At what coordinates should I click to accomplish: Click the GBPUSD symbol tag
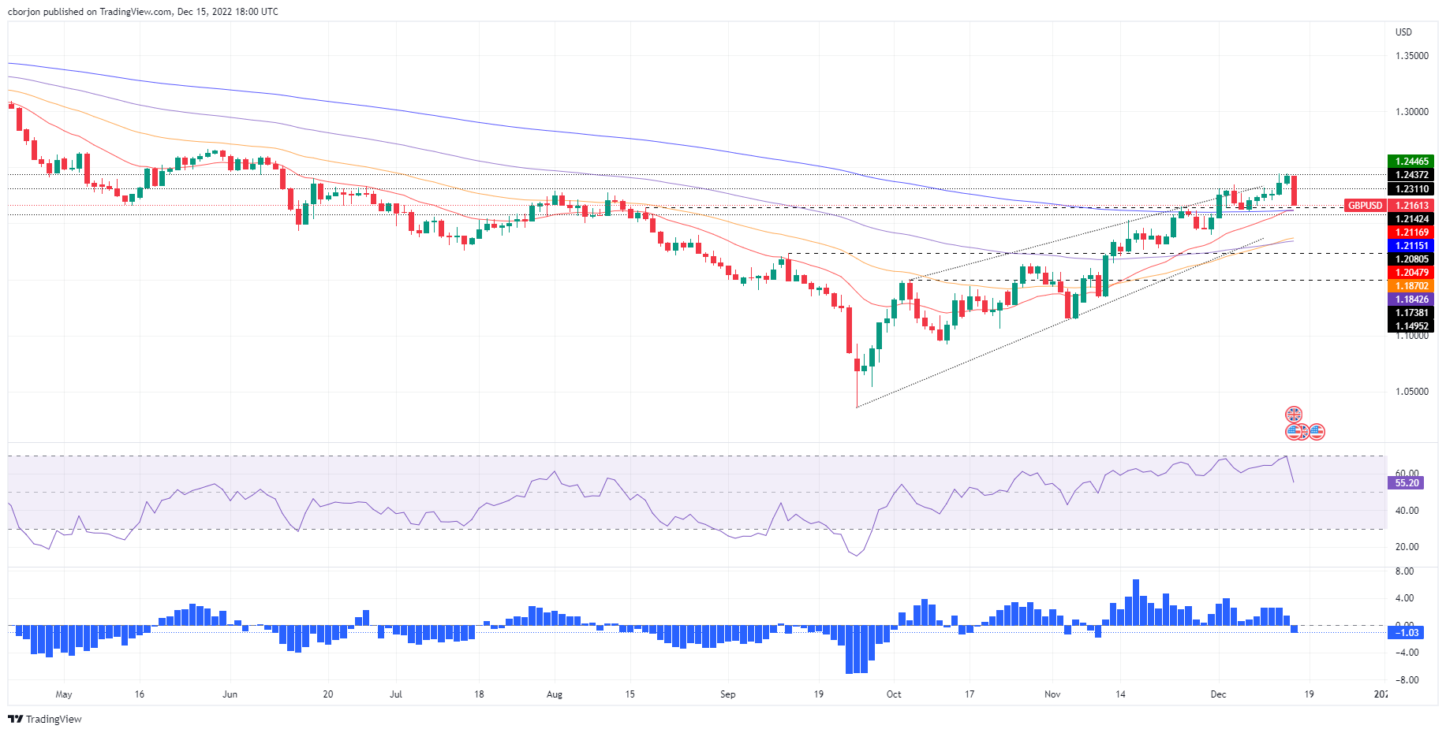pos(1365,206)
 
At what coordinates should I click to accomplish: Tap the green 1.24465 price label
pos(1411,162)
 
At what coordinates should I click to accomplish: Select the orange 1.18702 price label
pos(1411,286)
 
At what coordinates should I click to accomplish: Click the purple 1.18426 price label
pos(1411,300)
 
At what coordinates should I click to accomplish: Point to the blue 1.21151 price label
pos(1411,246)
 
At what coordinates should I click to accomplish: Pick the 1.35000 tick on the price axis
pos(1411,56)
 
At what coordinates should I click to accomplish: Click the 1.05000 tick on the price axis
pos(1411,392)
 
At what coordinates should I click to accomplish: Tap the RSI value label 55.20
pos(1407,483)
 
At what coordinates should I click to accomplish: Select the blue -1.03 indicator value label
pos(1407,633)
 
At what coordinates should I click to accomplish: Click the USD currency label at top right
pos(1403,32)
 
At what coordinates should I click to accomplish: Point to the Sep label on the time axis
pos(727,694)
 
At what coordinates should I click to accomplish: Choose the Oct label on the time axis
pos(894,694)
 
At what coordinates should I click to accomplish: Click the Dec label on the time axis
pos(1219,694)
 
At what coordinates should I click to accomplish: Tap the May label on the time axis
pos(64,694)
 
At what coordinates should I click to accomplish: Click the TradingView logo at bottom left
pos(45,719)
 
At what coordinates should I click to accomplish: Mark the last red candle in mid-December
pos(1294,192)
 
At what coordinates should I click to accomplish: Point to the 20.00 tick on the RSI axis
pos(1407,547)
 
